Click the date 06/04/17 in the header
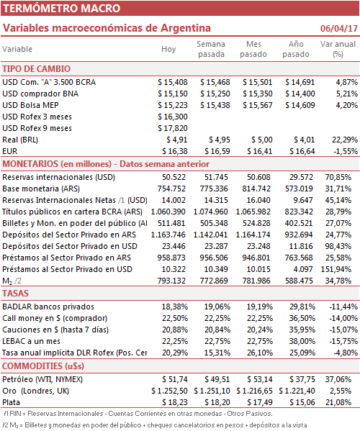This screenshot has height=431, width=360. click(339, 28)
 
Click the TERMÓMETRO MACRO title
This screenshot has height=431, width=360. click(62, 8)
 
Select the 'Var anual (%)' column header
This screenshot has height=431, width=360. click(338, 49)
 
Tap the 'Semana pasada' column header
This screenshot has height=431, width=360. click(211, 49)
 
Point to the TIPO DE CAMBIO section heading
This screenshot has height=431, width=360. click(36, 69)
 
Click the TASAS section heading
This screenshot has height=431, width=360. click(15, 294)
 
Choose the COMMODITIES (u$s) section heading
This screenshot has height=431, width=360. click(43, 366)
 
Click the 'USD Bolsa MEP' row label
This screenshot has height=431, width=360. click(30, 105)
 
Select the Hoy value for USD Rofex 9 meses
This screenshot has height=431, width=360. click(173, 128)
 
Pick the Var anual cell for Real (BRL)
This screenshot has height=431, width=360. click(345, 140)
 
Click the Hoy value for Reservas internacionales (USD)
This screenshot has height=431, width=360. click(174, 177)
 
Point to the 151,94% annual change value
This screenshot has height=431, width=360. click(336, 269)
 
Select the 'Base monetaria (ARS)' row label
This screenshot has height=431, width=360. click(41, 189)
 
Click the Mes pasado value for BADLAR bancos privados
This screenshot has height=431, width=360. click(260, 307)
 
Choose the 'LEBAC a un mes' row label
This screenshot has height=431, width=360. click(32, 341)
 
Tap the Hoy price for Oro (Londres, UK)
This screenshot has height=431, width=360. click(169, 391)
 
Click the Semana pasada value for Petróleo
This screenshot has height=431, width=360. click(217, 379)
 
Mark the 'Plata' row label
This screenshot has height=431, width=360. click(12, 402)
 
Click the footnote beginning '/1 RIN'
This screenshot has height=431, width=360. click(138, 414)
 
